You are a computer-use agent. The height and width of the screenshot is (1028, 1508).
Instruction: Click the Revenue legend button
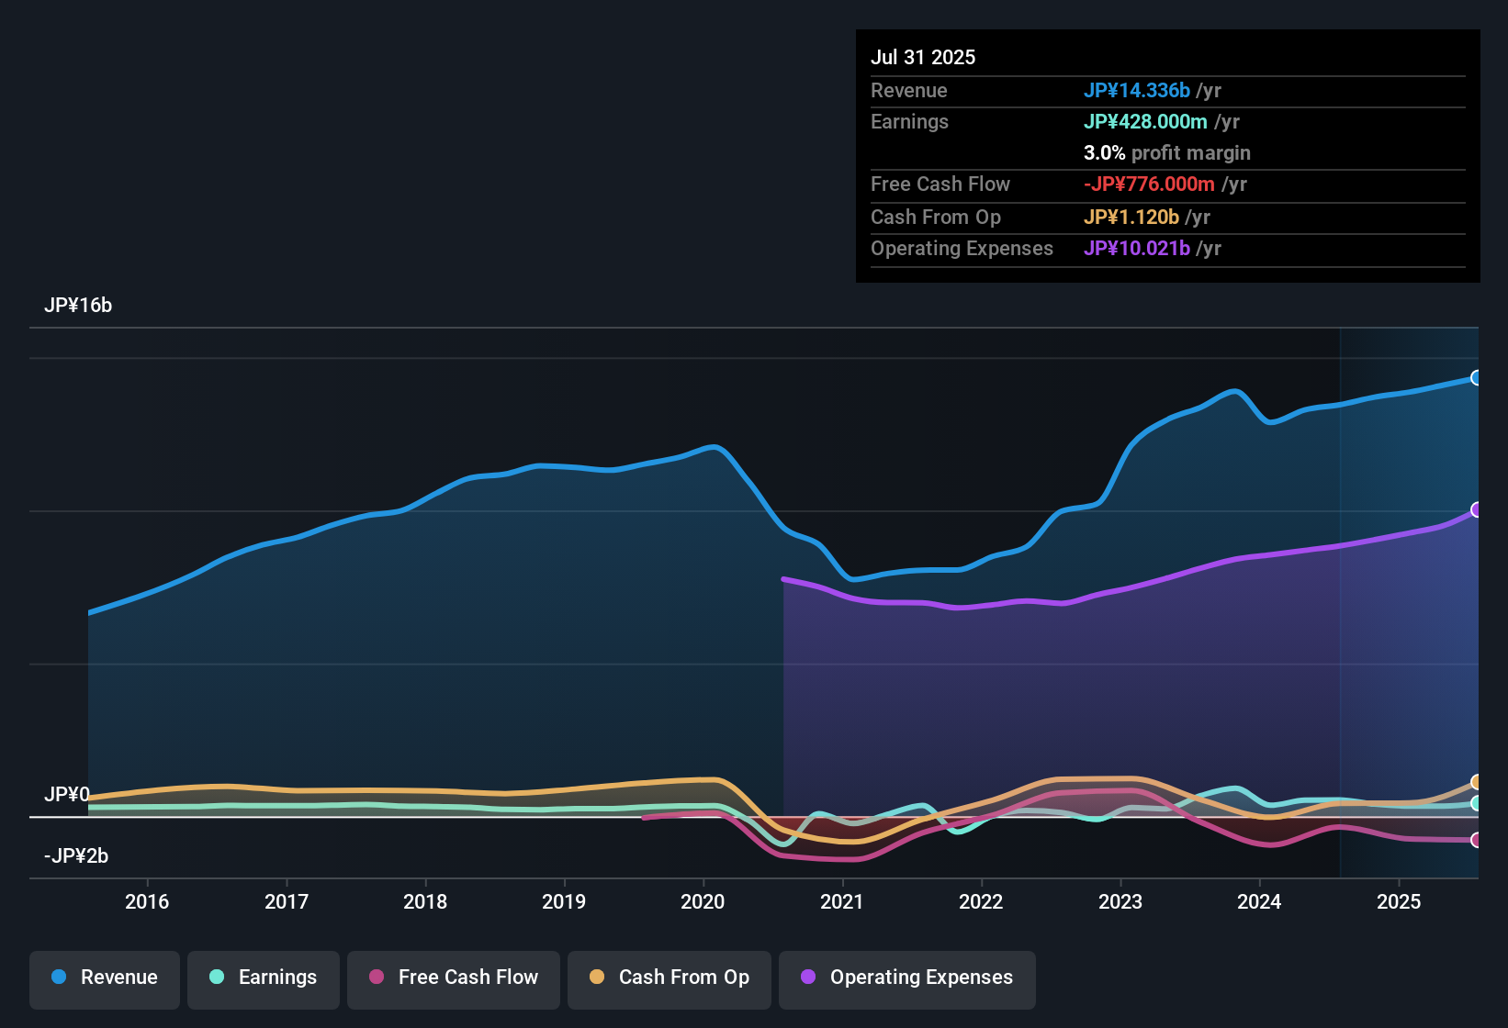(105, 978)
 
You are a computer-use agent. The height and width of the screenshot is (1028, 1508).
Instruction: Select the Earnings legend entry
(264, 978)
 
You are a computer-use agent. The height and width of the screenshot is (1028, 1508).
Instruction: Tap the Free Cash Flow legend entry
(454, 978)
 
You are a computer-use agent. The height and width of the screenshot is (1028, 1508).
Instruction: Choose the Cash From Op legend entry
(670, 978)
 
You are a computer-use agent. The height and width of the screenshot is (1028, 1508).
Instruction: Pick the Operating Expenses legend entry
(907, 978)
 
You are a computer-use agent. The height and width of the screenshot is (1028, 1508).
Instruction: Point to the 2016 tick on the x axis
(147, 901)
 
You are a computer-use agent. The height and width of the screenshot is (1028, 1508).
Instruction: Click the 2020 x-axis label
(703, 901)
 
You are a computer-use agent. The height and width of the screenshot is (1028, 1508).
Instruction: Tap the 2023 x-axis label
(1120, 901)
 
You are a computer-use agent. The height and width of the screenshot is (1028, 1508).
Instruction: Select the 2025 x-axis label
(1399, 901)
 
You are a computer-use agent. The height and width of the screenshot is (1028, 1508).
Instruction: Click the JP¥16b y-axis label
(78, 306)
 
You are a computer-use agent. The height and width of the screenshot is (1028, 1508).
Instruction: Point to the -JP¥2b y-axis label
(76, 856)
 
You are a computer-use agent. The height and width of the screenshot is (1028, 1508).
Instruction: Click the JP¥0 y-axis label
(66, 794)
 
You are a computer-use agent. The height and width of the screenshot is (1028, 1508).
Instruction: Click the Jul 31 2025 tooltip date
(923, 57)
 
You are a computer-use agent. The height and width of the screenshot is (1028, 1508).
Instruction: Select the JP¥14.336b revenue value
(1137, 90)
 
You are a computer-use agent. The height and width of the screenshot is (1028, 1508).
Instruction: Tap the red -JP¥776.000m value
(1149, 184)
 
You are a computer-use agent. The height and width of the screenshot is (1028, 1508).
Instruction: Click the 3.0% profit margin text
(1166, 152)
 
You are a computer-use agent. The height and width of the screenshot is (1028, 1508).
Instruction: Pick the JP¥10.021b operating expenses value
(1137, 248)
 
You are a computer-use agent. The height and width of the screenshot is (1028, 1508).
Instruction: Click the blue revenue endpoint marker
(1476, 378)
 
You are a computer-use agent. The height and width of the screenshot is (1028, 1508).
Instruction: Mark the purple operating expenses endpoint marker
(1476, 509)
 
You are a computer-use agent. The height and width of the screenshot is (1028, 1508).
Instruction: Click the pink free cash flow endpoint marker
(1476, 840)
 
